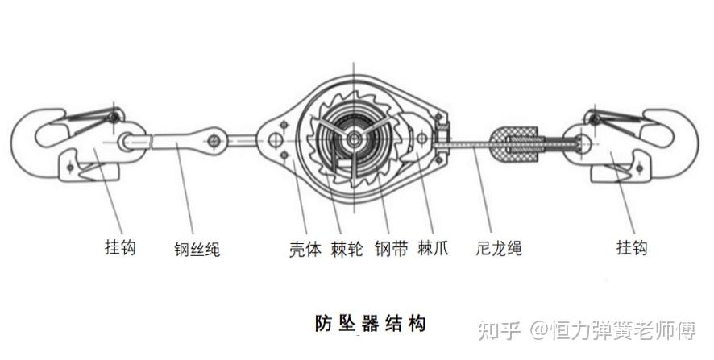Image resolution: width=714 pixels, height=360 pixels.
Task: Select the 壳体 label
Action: coord(305,249)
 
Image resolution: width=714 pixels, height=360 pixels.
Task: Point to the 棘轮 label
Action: coord(347,249)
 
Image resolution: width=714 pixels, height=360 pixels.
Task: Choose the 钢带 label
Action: coord(391,249)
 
